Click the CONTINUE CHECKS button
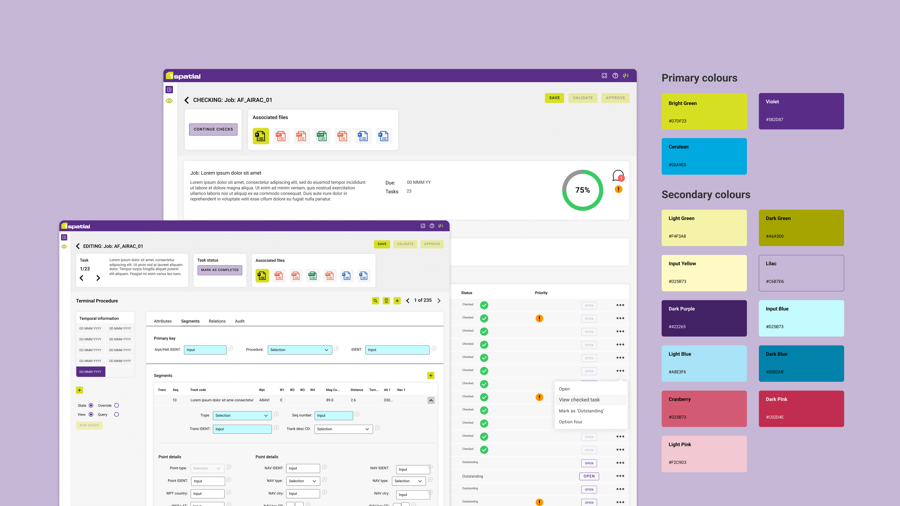click(213, 129)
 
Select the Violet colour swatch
click(801, 111)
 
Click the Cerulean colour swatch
click(704, 156)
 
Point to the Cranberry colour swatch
click(704, 409)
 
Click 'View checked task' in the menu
click(579, 400)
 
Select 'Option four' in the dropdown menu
click(571, 422)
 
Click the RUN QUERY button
click(89, 425)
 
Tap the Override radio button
click(117, 405)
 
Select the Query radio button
click(117, 415)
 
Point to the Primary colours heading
click(699, 78)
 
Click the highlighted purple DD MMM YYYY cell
click(91, 372)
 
